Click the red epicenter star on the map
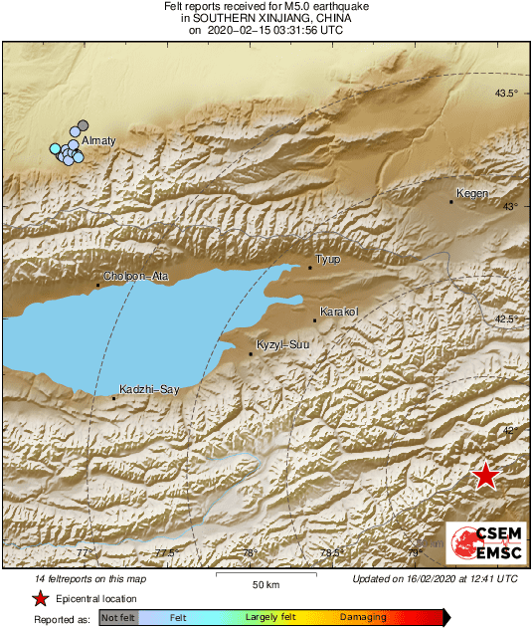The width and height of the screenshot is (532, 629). point(484,476)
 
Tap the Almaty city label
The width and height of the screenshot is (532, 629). point(98,141)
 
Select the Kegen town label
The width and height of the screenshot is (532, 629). point(471,193)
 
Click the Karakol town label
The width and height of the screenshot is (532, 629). point(338,312)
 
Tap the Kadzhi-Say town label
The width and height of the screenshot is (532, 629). point(148,389)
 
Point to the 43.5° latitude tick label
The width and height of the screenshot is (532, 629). point(507,94)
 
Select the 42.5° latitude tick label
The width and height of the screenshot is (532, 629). point(507,318)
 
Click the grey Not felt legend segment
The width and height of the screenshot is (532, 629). point(117,618)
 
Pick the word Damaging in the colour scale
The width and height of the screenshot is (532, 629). point(364,618)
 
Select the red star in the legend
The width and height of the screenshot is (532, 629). point(40,598)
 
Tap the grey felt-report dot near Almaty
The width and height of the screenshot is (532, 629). point(84,125)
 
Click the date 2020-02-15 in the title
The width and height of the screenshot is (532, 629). point(238,30)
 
